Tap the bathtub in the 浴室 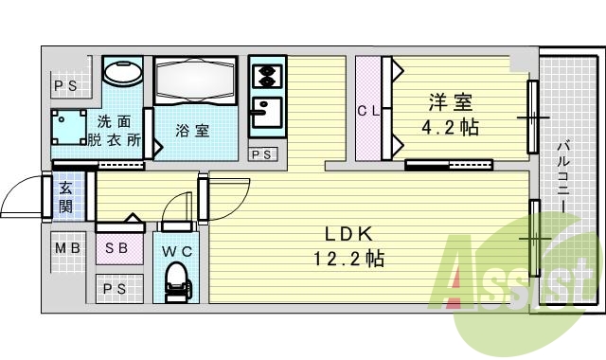[x=195, y=81]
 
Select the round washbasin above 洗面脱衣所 [x=123, y=73]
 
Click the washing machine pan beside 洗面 [x=69, y=127]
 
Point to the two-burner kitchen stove [x=267, y=76]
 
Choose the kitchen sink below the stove [x=267, y=113]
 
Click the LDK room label [x=348, y=234]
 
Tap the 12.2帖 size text [x=348, y=259]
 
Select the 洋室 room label [x=451, y=102]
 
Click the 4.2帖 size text [x=451, y=127]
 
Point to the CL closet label [x=368, y=112]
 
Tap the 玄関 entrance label [x=65, y=197]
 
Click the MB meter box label [x=67, y=248]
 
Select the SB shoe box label [x=116, y=248]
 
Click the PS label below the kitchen [x=262, y=154]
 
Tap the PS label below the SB [x=115, y=288]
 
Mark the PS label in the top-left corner [x=65, y=86]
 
